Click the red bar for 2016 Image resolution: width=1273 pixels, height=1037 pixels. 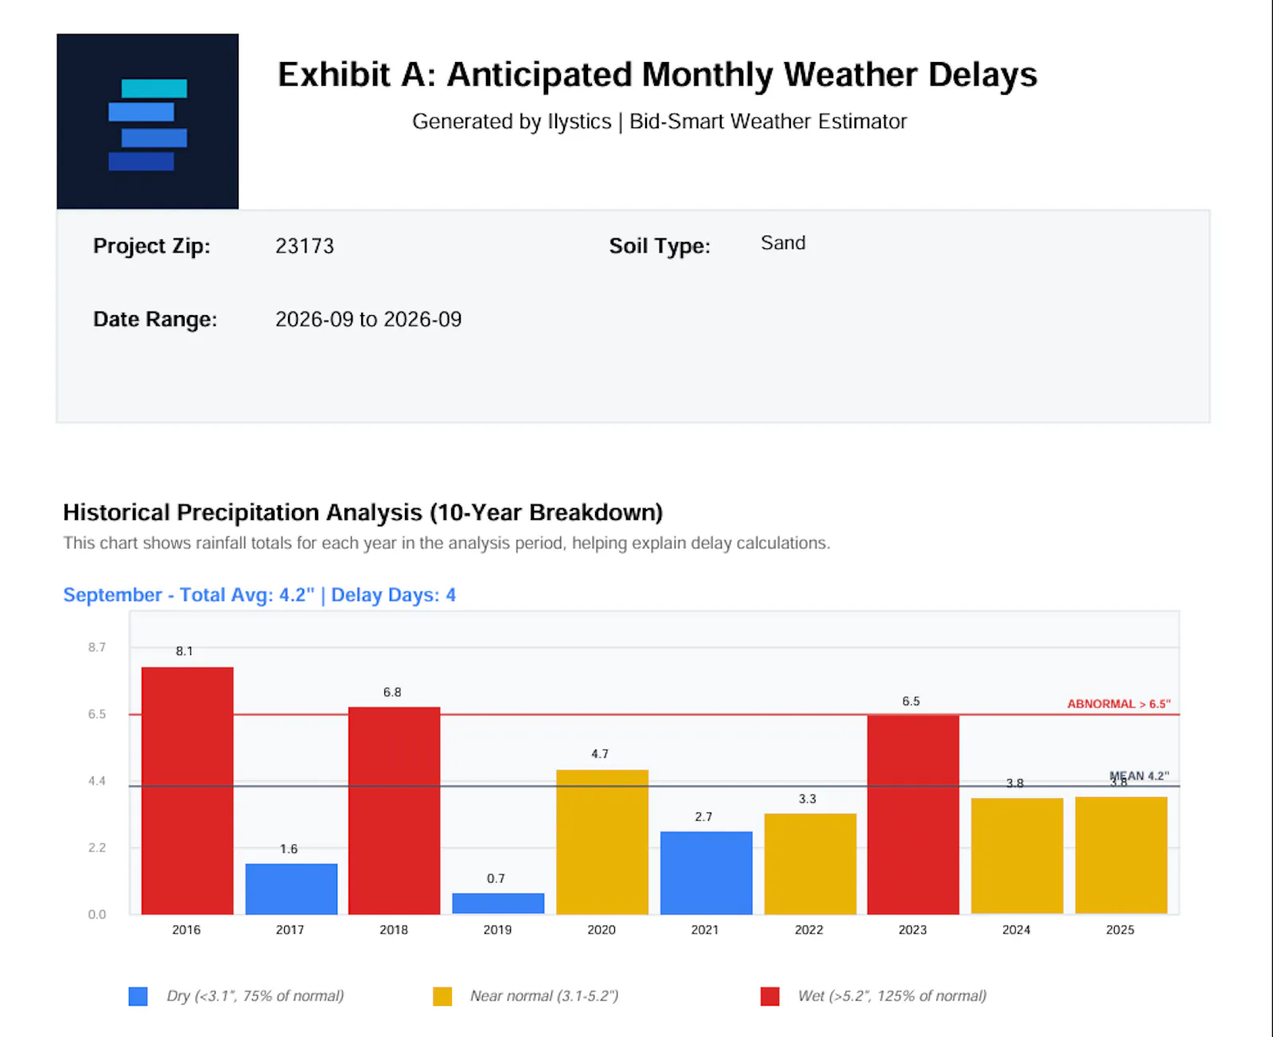click(x=187, y=790)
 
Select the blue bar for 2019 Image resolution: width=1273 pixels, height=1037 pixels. click(x=498, y=903)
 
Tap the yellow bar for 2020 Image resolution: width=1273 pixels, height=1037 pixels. click(x=601, y=841)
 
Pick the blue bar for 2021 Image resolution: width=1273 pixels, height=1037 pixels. click(x=706, y=872)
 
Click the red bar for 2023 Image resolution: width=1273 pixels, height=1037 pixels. click(x=913, y=814)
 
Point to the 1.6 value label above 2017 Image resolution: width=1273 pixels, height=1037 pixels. click(x=289, y=848)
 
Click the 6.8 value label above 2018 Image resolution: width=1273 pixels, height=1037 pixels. click(x=392, y=692)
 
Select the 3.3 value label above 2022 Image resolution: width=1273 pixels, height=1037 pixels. click(x=808, y=798)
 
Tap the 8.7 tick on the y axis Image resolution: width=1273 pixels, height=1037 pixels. click(x=97, y=647)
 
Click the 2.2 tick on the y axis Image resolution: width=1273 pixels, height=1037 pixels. click(x=97, y=848)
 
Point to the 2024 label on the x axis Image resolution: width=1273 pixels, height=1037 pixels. click(x=1016, y=930)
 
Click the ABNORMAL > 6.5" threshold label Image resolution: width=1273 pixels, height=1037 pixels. click(x=1119, y=704)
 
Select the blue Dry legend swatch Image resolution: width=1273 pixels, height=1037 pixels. click(x=138, y=996)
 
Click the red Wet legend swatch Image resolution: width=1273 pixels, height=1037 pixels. click(x=770, y=996)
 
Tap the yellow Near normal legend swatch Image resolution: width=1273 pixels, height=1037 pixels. click(x=442, y=996)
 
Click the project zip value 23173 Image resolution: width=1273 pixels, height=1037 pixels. click(x=305, y=246)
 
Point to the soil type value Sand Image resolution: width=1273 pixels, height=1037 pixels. click(x=783, y=243)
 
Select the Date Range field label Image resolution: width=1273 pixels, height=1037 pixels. click(x=155, y=319)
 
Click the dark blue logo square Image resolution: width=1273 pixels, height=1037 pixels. click(x=148, y=121)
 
